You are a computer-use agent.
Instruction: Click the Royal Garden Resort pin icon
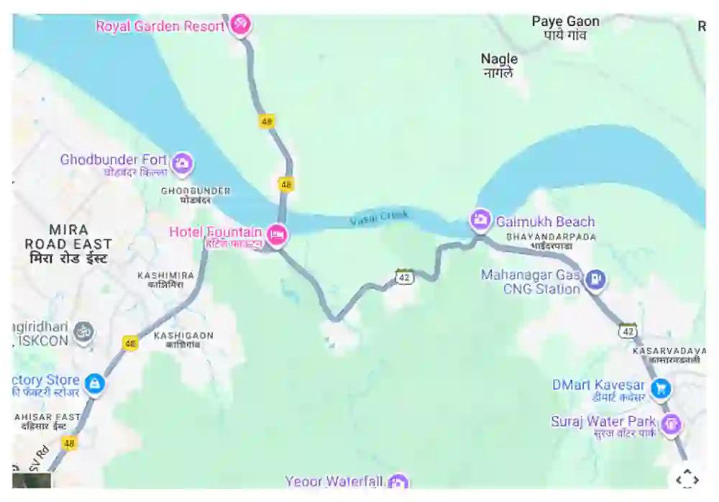239,24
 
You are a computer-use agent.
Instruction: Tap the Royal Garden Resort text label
160,27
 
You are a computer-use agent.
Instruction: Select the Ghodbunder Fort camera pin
183,164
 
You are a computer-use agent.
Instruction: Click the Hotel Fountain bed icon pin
277,234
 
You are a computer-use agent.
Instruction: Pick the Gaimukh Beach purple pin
480,219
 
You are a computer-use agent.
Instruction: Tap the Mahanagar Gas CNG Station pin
595,279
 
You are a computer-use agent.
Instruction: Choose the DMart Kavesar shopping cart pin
661,389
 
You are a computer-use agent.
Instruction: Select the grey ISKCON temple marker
84,332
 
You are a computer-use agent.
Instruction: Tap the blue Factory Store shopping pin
94,383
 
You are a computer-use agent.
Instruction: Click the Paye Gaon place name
565,22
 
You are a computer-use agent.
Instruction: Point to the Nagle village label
499,59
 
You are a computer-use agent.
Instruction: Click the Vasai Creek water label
379,218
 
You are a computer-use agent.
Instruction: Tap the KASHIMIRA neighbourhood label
165,275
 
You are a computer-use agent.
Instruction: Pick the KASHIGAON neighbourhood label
183,336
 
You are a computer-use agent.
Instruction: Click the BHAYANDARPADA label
551,236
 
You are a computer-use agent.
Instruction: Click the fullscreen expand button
687,479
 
